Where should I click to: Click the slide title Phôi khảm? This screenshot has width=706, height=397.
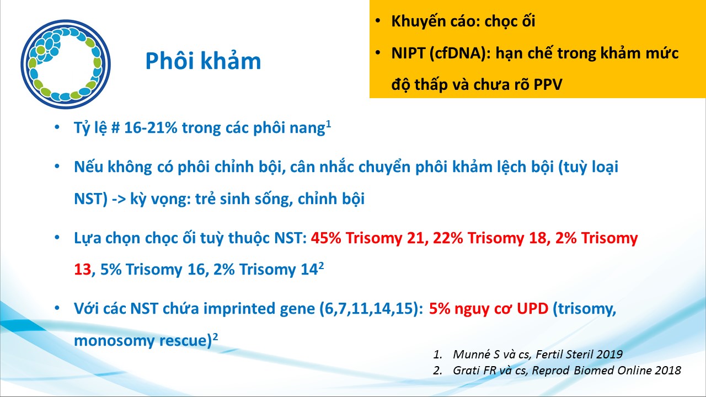204,61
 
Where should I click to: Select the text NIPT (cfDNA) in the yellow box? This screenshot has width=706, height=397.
441,53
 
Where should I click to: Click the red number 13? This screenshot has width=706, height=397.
83,270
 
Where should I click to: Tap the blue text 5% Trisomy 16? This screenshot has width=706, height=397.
153,270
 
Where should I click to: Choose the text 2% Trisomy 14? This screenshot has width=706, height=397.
265,270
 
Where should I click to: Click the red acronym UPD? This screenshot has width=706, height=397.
532,309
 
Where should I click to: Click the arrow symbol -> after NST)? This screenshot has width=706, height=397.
119,199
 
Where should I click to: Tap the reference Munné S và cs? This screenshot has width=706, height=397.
491,355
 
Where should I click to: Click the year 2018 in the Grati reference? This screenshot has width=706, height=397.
668,370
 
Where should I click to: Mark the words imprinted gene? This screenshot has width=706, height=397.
259,309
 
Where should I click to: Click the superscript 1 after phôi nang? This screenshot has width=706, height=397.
328,124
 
